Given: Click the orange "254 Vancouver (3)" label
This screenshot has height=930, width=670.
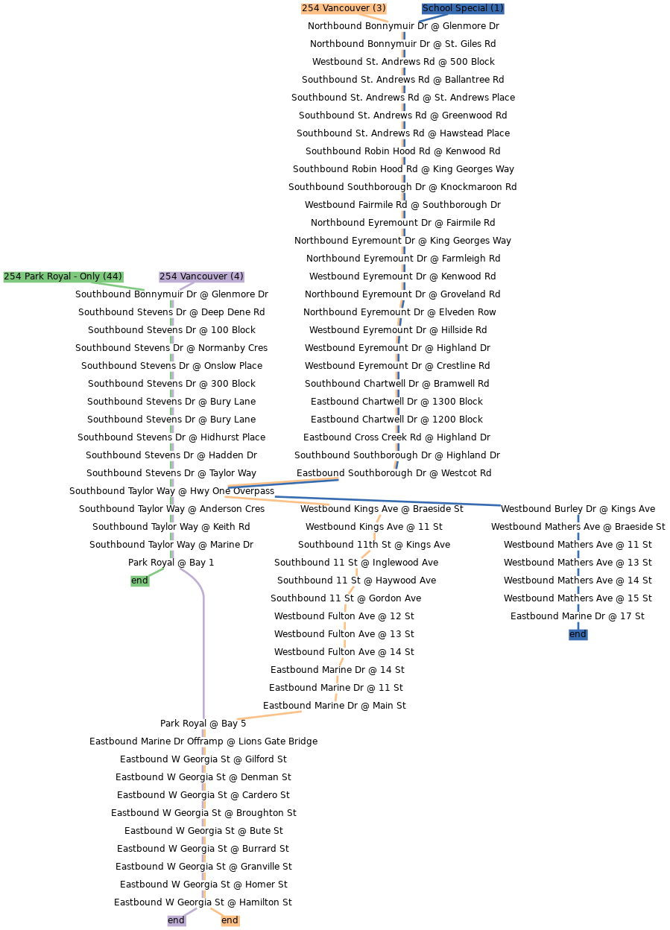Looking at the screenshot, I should click(x=344, y=8).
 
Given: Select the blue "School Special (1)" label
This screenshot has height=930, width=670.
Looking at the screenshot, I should click(x=463, y=8).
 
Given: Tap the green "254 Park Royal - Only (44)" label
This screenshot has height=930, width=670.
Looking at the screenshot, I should click(x=63, y=276).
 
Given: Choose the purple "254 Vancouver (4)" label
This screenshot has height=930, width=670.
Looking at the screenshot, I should click(x=201, y=276).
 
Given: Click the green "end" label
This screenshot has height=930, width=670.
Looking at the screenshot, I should click(x=139, y=581).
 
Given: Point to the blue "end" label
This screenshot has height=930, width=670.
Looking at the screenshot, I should click(x=578, y=634).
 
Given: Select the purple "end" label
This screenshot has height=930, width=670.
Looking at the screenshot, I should click(x=176, y=920).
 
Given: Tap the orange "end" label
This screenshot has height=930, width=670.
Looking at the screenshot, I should click(x=230, y=920).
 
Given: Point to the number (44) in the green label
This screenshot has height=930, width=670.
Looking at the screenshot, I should click(x=113, y=276).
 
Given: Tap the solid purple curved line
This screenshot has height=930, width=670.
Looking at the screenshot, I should click(x=203, y=656).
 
